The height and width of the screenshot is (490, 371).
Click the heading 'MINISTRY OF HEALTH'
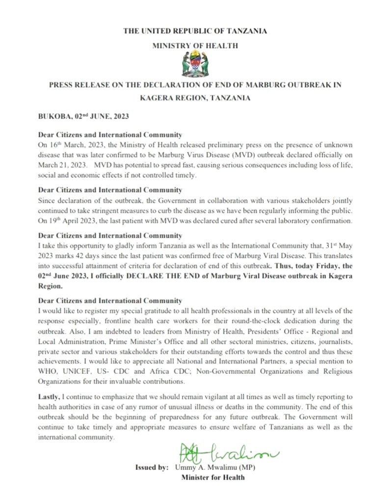pos(195,46)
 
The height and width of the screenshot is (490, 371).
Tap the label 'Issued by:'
pos(152,467)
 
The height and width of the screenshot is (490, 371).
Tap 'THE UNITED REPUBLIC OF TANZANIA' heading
pos(195,31)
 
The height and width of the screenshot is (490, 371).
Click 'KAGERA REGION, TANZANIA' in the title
pos(195,98)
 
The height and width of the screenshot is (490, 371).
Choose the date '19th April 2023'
pos(72,220)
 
